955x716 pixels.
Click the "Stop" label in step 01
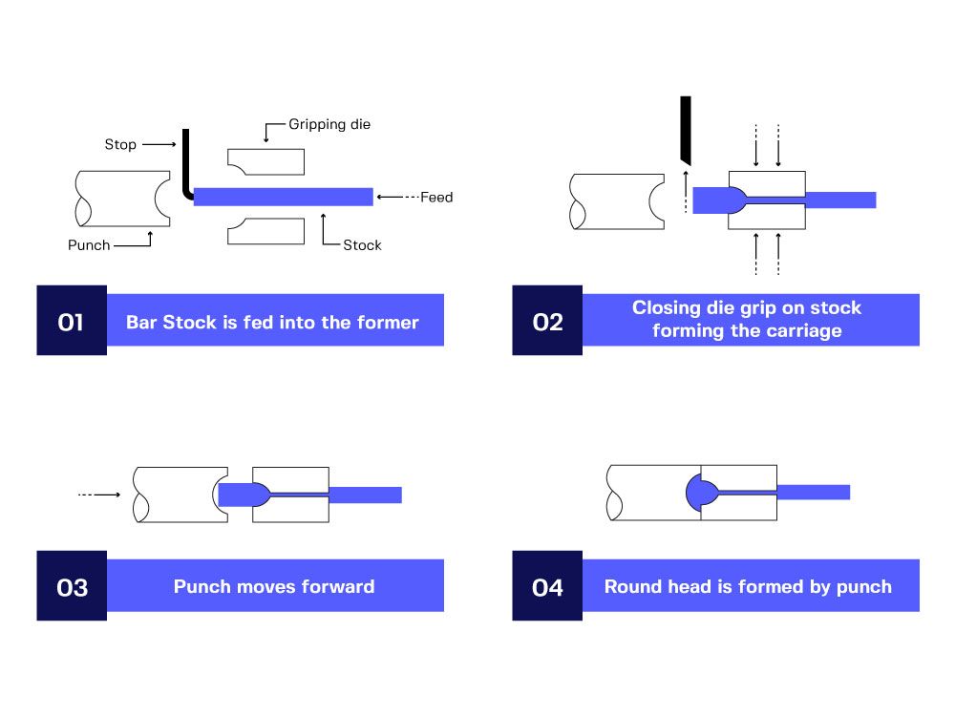[120, 145]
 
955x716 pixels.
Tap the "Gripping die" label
[329, 125]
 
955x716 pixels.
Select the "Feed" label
[436, 198]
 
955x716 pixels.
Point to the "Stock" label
[362, 245]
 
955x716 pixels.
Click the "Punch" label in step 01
[89, 245]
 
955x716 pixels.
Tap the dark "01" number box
[72, 321]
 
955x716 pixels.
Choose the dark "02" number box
[547, 321]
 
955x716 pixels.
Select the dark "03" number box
[72, 586]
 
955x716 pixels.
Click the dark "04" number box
[547, 586]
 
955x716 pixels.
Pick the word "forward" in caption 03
[333, 586]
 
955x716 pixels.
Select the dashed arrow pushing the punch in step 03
[98, 495]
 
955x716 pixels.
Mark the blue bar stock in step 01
[283, 197]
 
